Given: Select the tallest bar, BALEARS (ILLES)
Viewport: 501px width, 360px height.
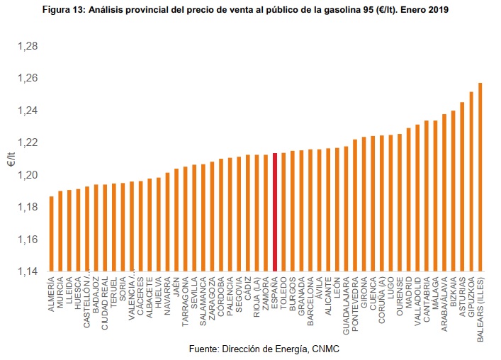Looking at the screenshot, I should [x=480, y=177].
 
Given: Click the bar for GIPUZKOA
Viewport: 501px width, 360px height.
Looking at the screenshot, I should [x=471, y=181].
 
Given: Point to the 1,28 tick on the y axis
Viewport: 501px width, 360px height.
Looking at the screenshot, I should [x=27, y=46].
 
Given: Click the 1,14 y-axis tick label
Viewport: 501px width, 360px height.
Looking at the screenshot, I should [x=27, y=271].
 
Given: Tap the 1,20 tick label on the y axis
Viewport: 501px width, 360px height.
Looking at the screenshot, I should [x=27, y=175].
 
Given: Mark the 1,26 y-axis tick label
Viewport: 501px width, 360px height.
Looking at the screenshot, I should [x=27, y=78].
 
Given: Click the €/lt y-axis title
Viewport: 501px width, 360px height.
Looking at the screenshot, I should [x=11, y=159].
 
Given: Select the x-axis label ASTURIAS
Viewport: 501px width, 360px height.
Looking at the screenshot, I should [x=463, y=294].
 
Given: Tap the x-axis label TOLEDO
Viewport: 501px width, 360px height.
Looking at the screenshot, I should [x=283, y=291].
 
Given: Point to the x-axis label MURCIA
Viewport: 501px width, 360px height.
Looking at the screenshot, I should [x=60, y=291].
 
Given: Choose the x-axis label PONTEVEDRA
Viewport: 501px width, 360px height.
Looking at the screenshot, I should [x=355, y=300].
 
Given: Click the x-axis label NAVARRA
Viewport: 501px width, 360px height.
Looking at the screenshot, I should [x=167, y=293].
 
